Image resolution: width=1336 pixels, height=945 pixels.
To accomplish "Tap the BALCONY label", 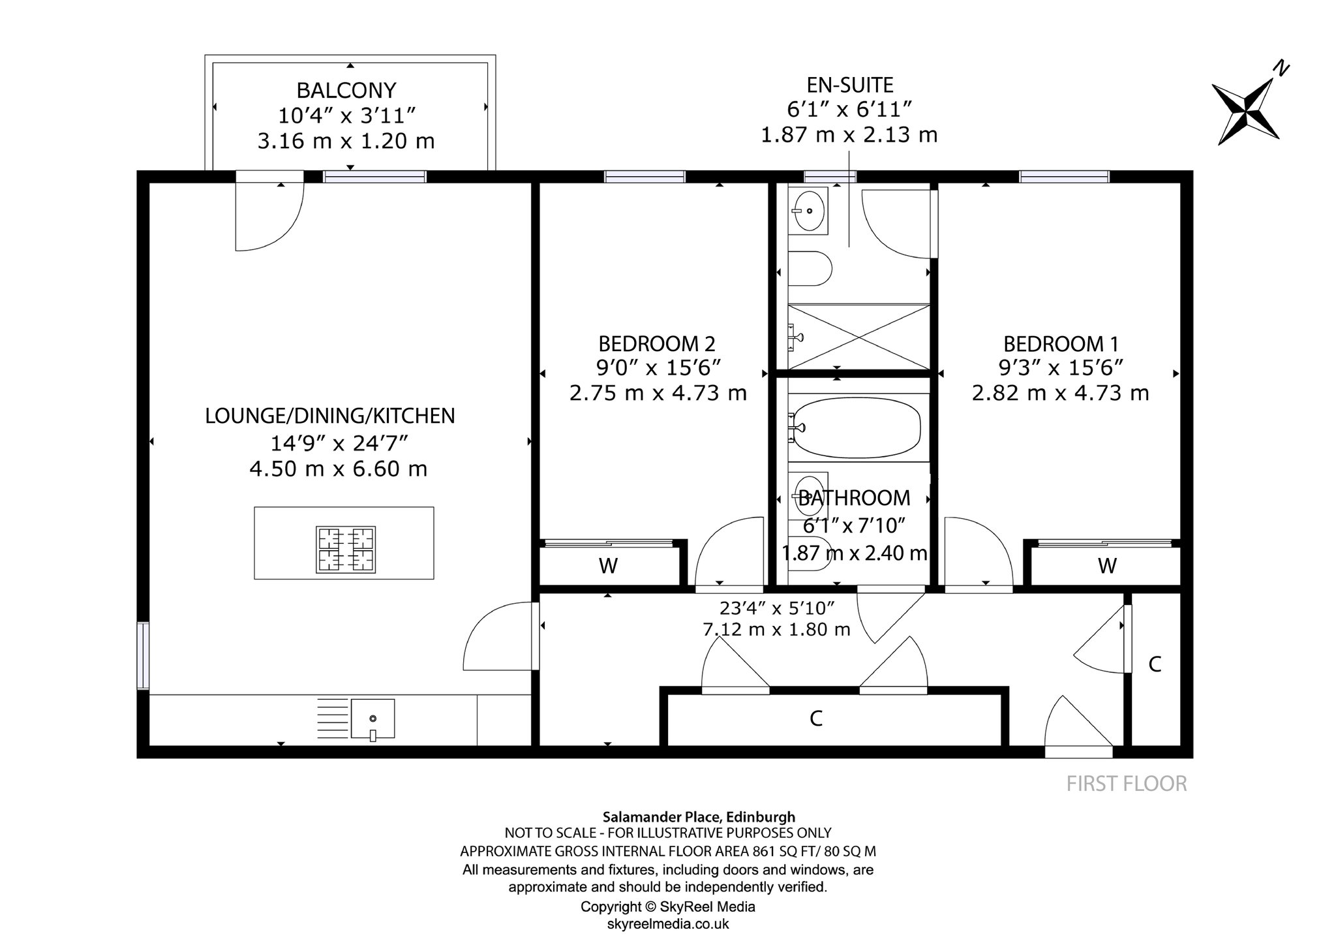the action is click(346, 90).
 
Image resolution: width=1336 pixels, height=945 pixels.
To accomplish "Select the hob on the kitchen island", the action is click(346, 550).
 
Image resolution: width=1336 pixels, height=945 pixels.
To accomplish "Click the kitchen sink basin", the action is click(372, 719).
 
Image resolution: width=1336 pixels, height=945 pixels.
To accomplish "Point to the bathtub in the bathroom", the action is click(857, 427).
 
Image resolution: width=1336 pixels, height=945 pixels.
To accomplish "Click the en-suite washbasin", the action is click(809, 210).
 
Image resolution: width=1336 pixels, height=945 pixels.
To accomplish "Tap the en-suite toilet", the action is click(810, 269).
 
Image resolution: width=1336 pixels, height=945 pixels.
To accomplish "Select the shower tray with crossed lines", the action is click(858, 337).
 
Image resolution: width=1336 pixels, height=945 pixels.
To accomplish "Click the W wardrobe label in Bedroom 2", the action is click(608, 566).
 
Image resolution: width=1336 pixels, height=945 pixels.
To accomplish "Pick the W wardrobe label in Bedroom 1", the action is click(1107, 566).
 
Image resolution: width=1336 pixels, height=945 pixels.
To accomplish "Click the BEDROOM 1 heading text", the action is click(1061, 344).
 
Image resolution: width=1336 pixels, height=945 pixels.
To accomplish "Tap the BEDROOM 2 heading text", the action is click(657, 344).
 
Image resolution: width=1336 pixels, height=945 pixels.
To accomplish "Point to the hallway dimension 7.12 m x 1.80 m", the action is click(776, 629).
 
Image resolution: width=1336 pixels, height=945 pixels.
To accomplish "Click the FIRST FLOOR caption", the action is click(1127, 783).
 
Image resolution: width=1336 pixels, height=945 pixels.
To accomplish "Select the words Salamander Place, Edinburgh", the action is click(699, 816).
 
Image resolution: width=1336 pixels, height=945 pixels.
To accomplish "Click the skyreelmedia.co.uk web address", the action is click(668, 923).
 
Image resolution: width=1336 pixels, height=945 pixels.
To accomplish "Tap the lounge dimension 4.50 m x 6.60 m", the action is click(339, 469).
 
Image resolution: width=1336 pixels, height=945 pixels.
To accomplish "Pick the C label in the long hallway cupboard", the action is click(815, 719).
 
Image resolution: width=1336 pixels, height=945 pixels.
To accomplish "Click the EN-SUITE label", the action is click(850, 85).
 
